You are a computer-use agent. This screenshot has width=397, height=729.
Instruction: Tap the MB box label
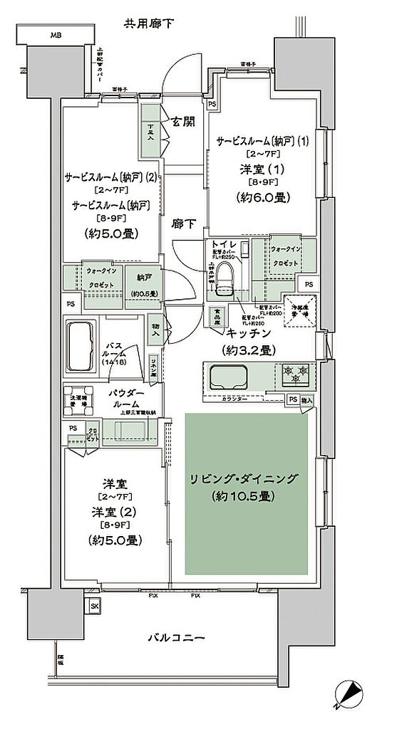pyautogui.click(x=54, y=34)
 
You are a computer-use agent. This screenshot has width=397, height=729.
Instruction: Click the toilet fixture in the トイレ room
pyautogui.click(x=226, y=273)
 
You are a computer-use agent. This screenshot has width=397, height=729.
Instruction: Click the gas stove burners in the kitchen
pyautogui.click(x=294, y=371)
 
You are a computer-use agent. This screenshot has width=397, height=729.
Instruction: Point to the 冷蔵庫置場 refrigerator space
pyautogui.click(x=299, y=310)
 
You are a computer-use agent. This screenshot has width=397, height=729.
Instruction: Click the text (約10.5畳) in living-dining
pyautogui.click(x=247, y=497)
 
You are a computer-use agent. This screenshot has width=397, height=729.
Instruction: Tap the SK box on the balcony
pyautogui.click(x=94, y=606)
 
